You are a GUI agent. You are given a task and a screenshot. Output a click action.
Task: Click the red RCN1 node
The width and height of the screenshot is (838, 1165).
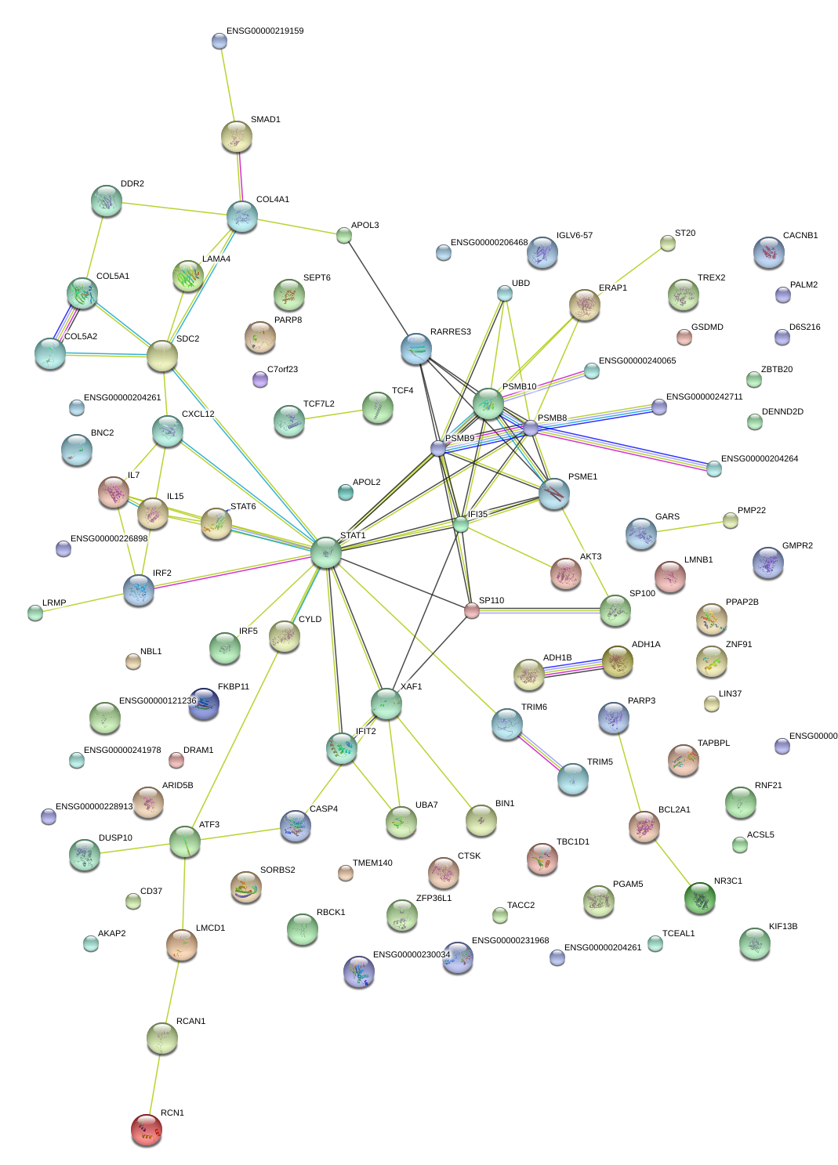coord(147,1129)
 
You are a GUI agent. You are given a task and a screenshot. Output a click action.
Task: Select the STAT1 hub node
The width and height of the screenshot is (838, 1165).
coord(326,552)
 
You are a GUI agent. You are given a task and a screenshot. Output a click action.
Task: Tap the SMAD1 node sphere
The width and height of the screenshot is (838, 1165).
coord(236,136)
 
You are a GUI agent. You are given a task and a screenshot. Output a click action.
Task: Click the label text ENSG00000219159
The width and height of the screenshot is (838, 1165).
coord(265,31)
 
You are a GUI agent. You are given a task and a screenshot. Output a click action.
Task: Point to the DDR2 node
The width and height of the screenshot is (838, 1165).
coord(106,201)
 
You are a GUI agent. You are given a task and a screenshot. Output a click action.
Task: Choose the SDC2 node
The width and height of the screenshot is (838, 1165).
coord(162,356)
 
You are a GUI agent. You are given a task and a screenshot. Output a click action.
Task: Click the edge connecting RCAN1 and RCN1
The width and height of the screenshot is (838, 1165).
coord(154,1084)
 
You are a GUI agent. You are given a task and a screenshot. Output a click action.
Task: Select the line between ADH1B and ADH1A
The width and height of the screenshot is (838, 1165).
coord(573,668)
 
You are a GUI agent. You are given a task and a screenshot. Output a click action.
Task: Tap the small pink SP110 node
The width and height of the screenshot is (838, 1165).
coord(471,611)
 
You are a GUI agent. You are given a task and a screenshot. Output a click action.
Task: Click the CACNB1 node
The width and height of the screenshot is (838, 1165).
coord(768,252)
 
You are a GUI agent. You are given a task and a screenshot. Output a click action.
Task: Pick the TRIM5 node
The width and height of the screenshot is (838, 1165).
coord(572,779)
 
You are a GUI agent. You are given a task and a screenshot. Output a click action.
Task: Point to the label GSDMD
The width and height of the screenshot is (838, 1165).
coord(707,327)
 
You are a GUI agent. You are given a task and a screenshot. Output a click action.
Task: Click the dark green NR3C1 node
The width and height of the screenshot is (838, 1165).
coord(699,898)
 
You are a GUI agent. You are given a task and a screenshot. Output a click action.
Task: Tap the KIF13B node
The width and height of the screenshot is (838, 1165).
coord(754,943)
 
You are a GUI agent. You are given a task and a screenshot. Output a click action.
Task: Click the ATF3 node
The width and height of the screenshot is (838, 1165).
coord(185,842)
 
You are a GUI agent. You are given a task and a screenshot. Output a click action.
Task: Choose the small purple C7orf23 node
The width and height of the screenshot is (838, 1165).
coord(260,380)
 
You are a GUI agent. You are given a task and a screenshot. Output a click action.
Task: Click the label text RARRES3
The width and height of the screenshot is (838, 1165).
coord(451,332)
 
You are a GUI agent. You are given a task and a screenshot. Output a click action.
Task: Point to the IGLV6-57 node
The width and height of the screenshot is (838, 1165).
coord(542,252)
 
